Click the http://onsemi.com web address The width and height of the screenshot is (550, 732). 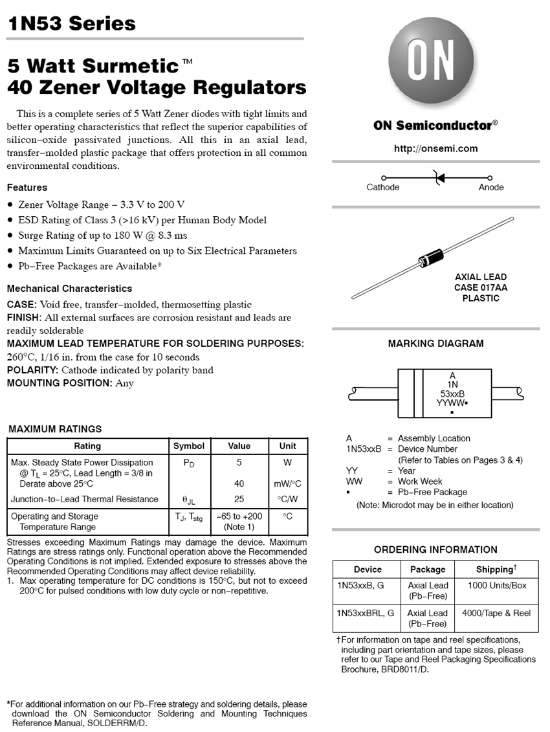coord(435,148)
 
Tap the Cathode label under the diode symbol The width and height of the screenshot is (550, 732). coord(383,188)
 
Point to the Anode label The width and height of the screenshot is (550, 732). coord(491,188)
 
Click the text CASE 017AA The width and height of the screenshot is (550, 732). coord(481,287)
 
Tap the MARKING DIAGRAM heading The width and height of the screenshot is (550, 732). coord(435,344)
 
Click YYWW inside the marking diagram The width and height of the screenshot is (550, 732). coord(450,403)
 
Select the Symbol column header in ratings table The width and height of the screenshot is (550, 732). coord(189,446)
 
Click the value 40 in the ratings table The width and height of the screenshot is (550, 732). coord(239,484)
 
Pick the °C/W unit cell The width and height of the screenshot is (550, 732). coord(288,499)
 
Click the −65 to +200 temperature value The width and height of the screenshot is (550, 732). coord(239,516)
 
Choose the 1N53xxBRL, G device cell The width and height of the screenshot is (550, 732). coord(366,612)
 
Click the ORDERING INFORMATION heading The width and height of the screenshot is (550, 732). coord(435,549)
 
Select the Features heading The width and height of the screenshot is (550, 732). coord(27,188)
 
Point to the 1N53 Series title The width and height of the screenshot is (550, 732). coord(72,25)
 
